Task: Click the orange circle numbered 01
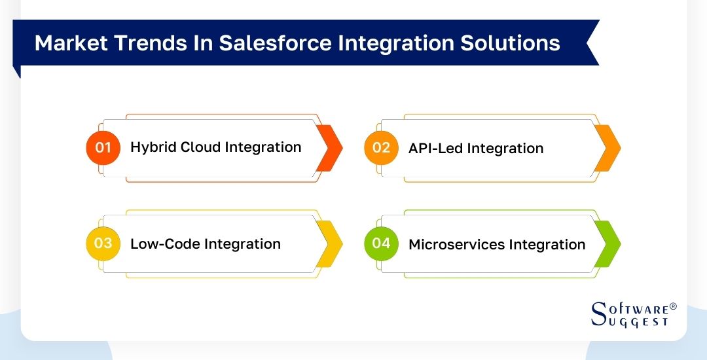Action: click(103, 147)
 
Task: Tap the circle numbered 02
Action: click(381, 147)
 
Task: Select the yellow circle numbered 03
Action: click(103, 243)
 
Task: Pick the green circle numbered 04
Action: click(381, 243)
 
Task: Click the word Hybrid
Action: click(151, 147)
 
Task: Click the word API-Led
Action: click(435, 149)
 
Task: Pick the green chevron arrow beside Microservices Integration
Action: click(608, 244)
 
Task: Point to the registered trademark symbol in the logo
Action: click(673, 306)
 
